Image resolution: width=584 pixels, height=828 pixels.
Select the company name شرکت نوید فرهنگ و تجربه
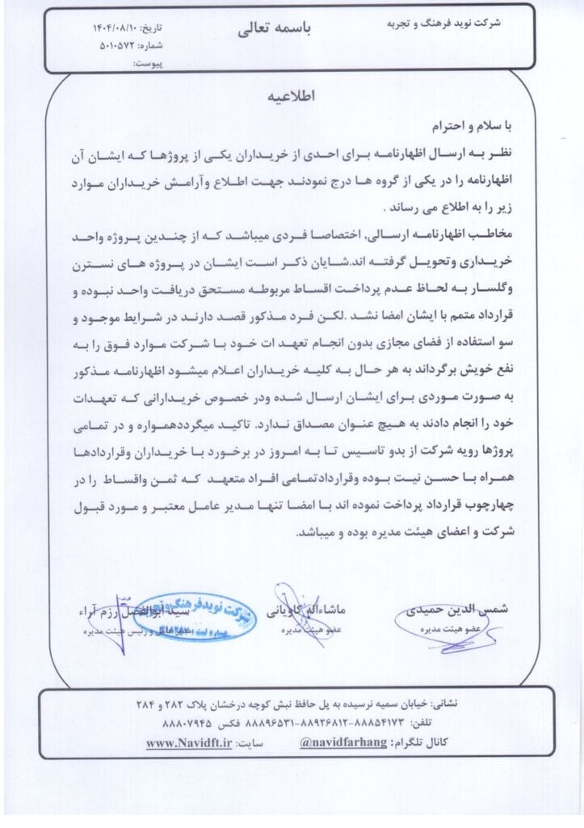(449, 23)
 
